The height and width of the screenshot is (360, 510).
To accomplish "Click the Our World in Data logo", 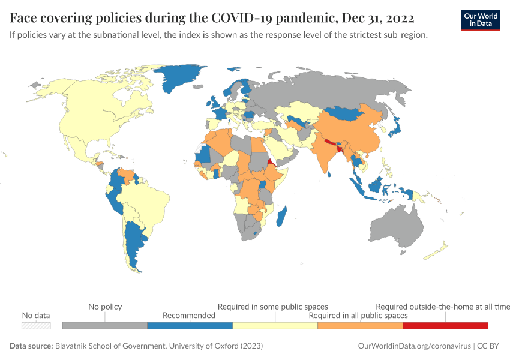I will point(480,19).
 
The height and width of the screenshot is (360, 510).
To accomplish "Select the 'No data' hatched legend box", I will point(36,325).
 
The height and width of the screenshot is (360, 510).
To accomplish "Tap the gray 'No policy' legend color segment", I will point(104,325).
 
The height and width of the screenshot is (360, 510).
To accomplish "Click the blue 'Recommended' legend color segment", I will point(190,325).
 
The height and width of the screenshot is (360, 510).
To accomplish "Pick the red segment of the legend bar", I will point(445,325).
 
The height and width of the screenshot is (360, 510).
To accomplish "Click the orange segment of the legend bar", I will point(359,325).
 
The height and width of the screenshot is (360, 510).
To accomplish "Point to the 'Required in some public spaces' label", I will point(272,307).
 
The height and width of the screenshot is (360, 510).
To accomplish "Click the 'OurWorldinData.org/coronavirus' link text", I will point(413,346).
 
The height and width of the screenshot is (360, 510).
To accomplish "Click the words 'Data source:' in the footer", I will point(31,346).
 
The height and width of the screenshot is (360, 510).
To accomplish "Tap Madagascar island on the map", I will point(281,215).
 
